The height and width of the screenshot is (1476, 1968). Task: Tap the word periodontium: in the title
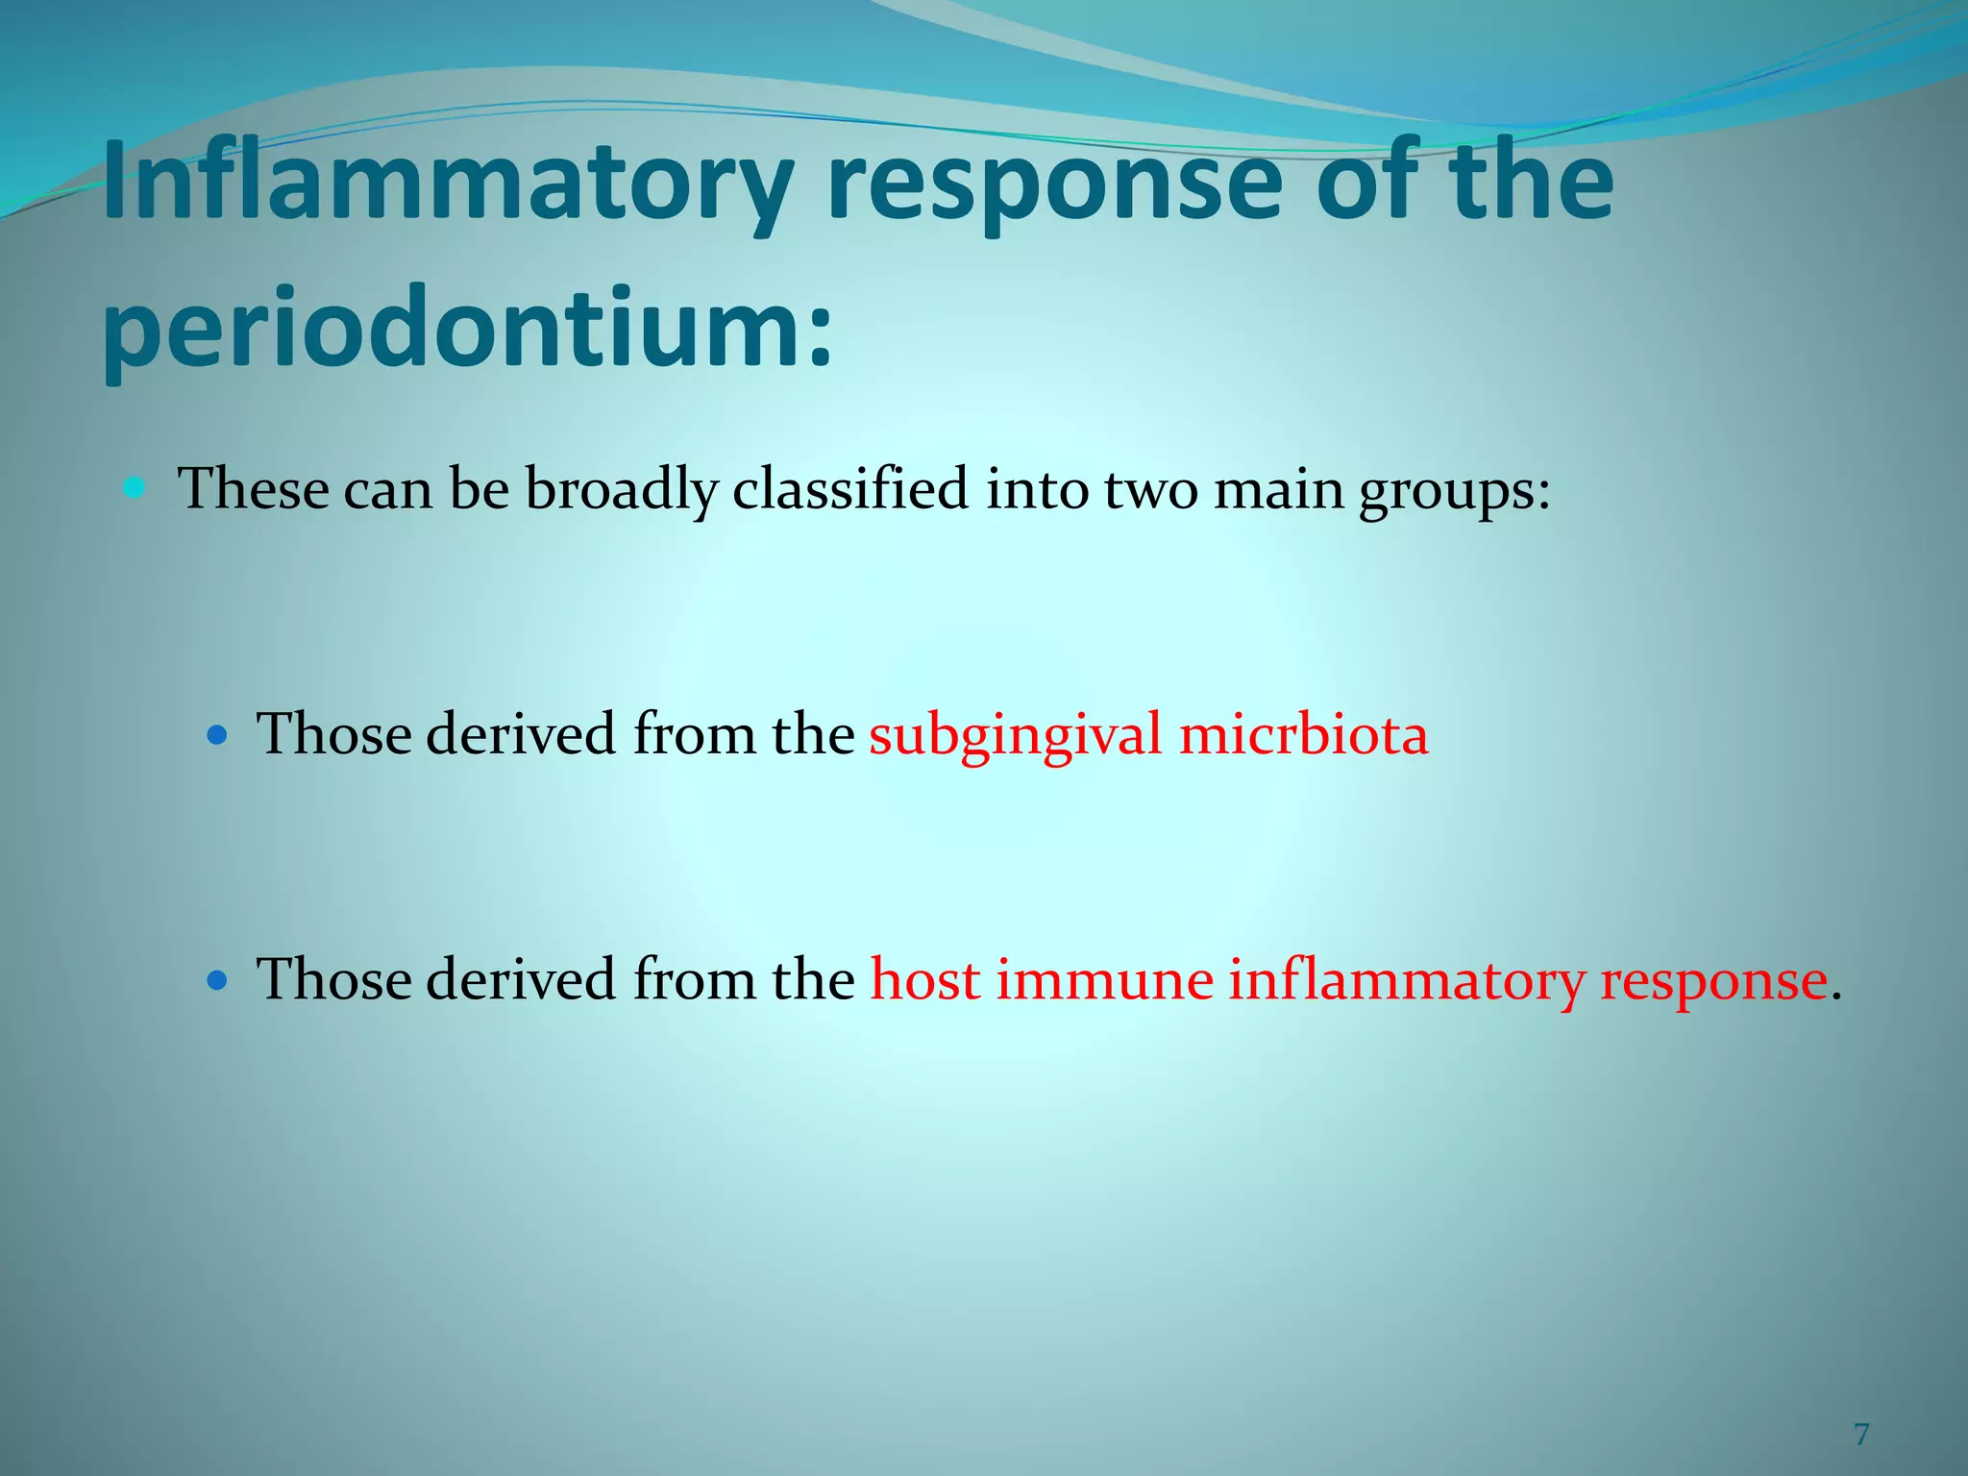point(467,332)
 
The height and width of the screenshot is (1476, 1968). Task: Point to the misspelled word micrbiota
point(1303,735)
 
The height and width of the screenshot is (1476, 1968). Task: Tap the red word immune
point(1104,981)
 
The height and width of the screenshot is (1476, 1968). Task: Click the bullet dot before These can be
point(135,488)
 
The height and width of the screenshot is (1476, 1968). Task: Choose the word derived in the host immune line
point(520,980)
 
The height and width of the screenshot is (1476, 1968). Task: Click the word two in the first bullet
point(1150,489)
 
